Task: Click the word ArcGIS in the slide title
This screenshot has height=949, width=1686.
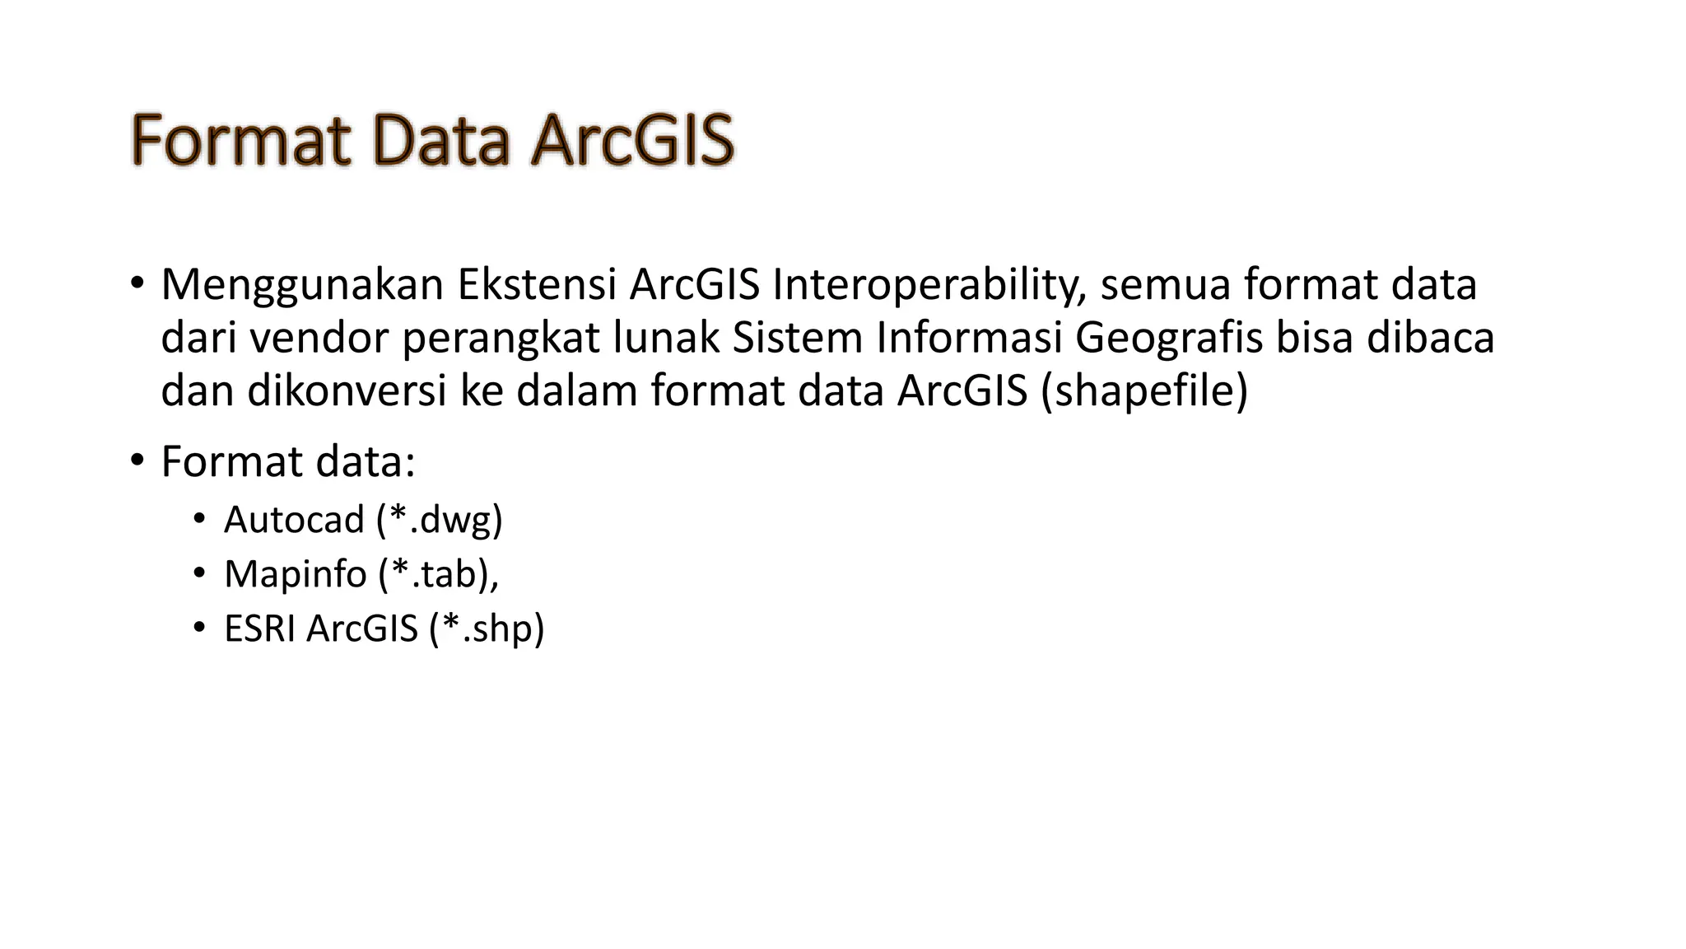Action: pos(631,141)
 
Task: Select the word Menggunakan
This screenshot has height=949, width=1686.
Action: pos(302,285)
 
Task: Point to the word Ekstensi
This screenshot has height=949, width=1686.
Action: pos(537,285)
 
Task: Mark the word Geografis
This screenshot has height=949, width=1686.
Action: pos(1168,339)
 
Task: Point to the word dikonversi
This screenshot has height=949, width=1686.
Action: pos(347,390)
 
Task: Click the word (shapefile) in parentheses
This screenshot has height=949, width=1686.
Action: pos(1145,391)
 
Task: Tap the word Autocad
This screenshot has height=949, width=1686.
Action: pos(294,520)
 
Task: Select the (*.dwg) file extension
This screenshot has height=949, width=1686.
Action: pos(440,521)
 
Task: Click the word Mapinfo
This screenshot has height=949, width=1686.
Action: pos(295,574)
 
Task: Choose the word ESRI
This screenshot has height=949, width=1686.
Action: pos(259,629)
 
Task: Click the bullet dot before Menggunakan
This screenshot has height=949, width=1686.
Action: pos(137,285)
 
